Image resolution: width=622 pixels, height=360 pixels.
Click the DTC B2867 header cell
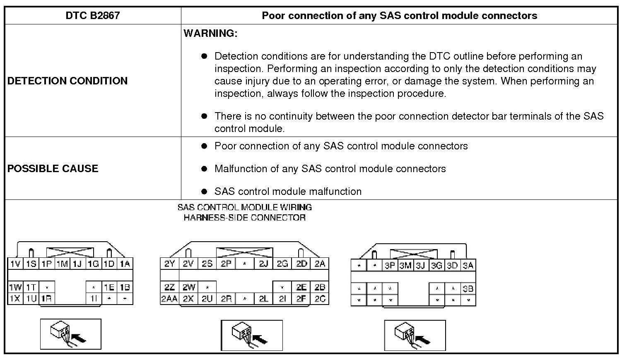(x=93, y=16)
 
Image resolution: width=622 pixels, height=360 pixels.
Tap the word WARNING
(x=210, y=33)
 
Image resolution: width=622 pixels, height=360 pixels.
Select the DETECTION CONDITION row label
(x=68, y=81)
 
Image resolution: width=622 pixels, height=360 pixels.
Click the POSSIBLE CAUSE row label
(x=53, y=168)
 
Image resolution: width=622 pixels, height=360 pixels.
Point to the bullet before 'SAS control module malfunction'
(x=204, y=191)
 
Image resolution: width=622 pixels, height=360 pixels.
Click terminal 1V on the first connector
(x=15, y=264)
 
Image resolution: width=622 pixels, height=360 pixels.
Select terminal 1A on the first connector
(x=125, y=264)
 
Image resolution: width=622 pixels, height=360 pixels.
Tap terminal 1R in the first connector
(x=47, y=299)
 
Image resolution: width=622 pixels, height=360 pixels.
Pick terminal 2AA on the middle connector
(x=169, y=299)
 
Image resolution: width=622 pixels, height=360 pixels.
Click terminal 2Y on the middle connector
(x=170, y=264)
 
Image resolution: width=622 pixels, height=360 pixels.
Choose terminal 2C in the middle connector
(x=320, y=299)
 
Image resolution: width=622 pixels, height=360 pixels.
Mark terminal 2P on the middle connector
(x=226, y=264)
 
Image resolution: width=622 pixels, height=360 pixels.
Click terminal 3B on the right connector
(x=468, y=289)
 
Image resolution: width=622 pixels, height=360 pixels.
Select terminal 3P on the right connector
(x=390, y=266)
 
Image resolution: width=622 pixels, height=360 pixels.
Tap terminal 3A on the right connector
(x=468, y=266)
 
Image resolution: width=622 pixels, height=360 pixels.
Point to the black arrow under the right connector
(x=422, y=340)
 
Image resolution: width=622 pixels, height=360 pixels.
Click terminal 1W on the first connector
(x=15, y=287)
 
